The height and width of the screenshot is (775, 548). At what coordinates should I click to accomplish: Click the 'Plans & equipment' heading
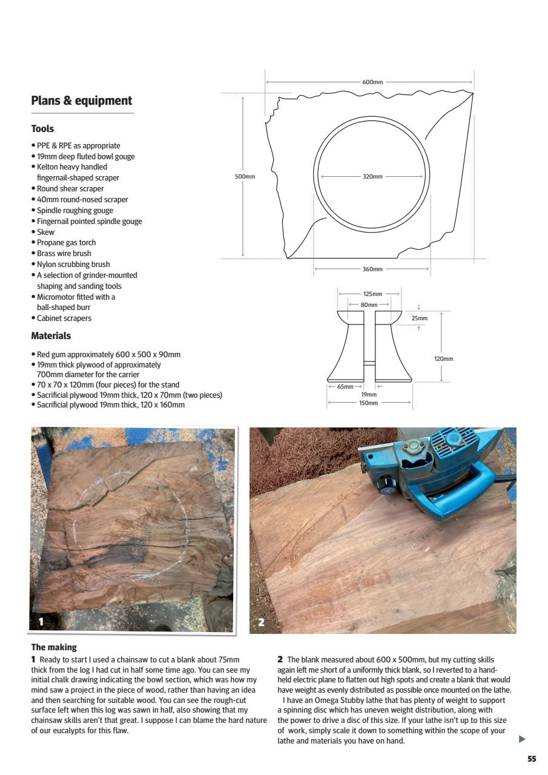point(81,101)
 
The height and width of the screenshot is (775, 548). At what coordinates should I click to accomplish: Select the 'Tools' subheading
point(42,128)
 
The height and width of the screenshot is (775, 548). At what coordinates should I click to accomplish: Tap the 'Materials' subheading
point(51,335)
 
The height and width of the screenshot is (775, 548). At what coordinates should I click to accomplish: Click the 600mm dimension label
point(372,82)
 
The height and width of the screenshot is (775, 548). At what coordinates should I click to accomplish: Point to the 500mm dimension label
point(245,177)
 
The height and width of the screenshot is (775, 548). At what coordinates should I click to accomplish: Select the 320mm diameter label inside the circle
point(372,177)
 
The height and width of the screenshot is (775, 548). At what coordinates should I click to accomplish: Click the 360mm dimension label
point(372,269)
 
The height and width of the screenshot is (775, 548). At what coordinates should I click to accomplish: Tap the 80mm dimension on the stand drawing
point(369,305)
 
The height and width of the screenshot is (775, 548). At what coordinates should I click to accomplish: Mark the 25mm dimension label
point(419,318)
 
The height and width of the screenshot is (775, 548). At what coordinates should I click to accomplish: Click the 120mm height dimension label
point(443,359)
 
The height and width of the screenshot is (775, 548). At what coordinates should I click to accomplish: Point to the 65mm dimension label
point(346,386)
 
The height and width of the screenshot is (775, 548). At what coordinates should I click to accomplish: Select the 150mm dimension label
point(368,403)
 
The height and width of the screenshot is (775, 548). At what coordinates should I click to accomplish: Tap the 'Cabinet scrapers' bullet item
point(64,318)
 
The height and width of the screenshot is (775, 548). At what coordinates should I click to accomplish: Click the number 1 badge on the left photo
point(41,621)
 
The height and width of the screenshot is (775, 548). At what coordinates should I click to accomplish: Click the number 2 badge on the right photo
point(261,622)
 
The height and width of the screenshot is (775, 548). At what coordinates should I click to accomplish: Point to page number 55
point(531,759)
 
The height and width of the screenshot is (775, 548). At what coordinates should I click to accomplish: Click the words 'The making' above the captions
point(54,647)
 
